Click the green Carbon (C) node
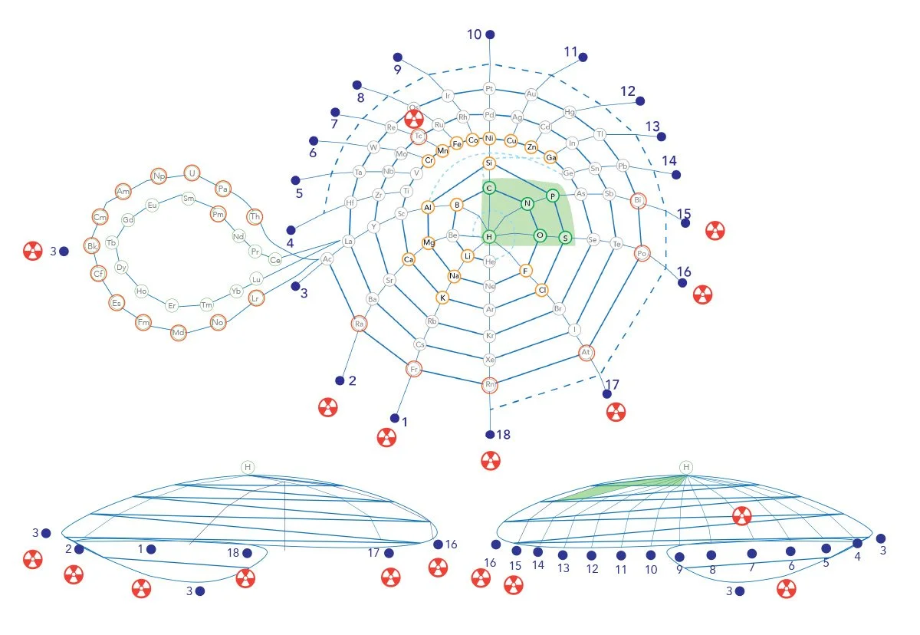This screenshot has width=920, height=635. [x=488, y=188]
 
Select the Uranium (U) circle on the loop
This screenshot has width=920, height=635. [x=192, y=173]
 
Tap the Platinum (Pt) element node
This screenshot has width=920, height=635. [x=490, y=89]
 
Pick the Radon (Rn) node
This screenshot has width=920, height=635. [x=490, y=384]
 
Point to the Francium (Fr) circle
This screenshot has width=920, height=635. [x=414, y=370]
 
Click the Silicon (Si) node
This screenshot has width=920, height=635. [x=489, y=163]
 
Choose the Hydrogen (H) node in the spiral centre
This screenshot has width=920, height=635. [x=489, y=236]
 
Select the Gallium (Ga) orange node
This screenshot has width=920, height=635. [x=550, y=157]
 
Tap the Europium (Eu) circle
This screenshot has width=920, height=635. [x=152, y=205]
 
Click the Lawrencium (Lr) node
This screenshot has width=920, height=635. [x=256, y=297]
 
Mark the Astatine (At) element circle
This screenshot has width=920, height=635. [x=586, y=353]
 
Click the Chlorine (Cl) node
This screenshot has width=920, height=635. [x=542, y=290]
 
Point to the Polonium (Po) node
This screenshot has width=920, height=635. [x=642, y=252]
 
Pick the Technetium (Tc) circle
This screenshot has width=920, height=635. [x=419, y=137]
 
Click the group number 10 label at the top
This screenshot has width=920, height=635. [x=475, y=35]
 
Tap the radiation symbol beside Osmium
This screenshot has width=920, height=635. [x=414, y=118]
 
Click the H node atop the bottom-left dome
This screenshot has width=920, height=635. [x=247, y=467]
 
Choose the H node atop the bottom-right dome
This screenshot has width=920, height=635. [x=686, y=467]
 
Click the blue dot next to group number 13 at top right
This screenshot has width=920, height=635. [x=662, y=137]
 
